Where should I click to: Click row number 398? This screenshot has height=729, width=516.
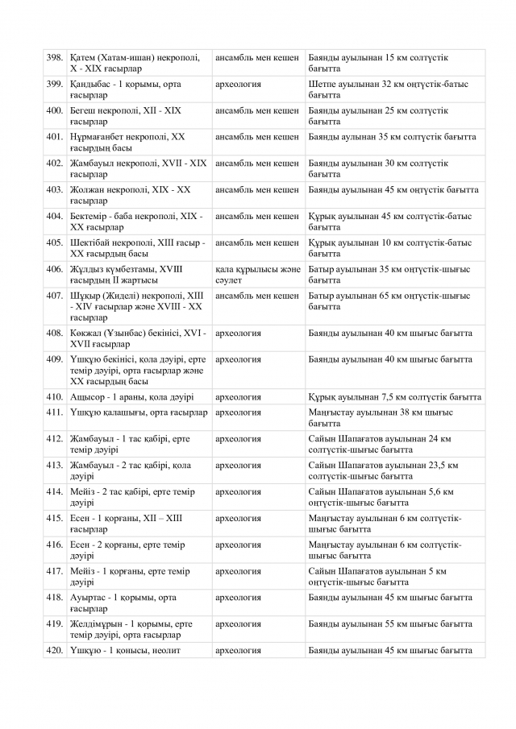pos(55,58)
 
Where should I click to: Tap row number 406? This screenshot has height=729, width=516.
pos(55,269)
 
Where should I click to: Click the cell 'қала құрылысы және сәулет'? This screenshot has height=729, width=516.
pos(258,275)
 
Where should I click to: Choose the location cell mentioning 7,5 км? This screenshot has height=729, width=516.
pos(395,397)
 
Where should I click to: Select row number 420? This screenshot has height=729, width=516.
pos(55,651)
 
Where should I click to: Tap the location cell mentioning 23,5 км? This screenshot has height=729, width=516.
pos(395,470)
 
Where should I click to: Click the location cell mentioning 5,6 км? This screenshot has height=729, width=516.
pos(395,497)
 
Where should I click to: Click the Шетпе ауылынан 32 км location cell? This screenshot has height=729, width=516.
pos(395,90)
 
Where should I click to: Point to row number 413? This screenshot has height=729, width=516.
pos(55,466)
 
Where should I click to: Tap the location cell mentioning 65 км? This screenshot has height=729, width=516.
pos(395,301)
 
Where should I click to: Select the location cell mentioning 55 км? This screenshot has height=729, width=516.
pos(395,624)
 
